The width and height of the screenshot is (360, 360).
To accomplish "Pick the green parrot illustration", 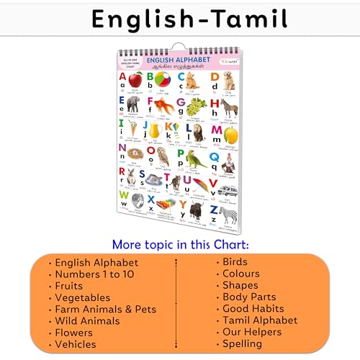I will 195,158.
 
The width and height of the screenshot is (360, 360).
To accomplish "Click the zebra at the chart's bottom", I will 228,215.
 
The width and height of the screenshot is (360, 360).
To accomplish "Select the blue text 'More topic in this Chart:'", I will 180,244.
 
